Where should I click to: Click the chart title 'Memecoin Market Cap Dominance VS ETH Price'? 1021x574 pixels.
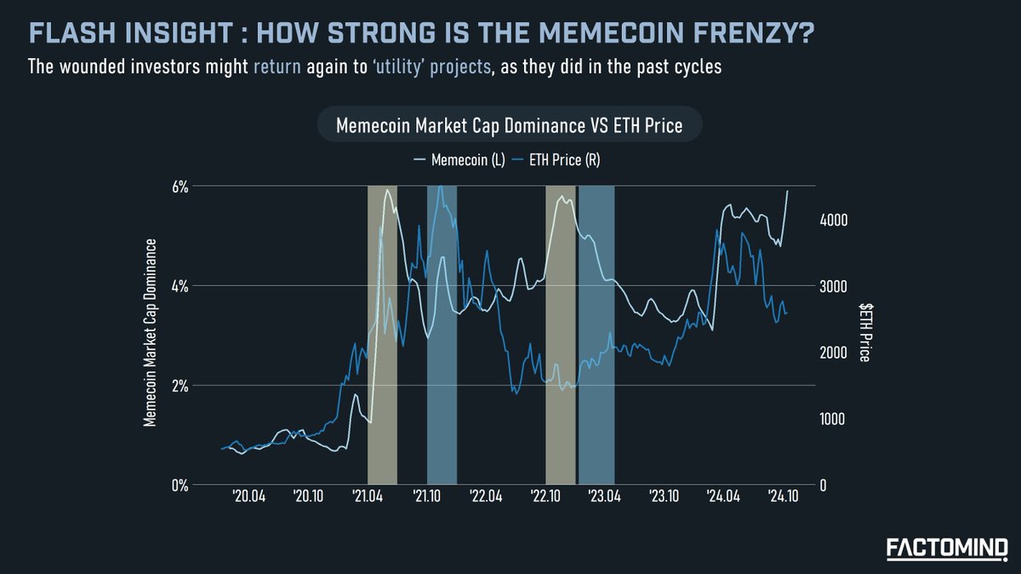tap(509, 126)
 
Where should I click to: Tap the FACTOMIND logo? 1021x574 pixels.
tap(947, 547)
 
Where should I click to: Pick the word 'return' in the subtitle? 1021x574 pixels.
tap(277, 66)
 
